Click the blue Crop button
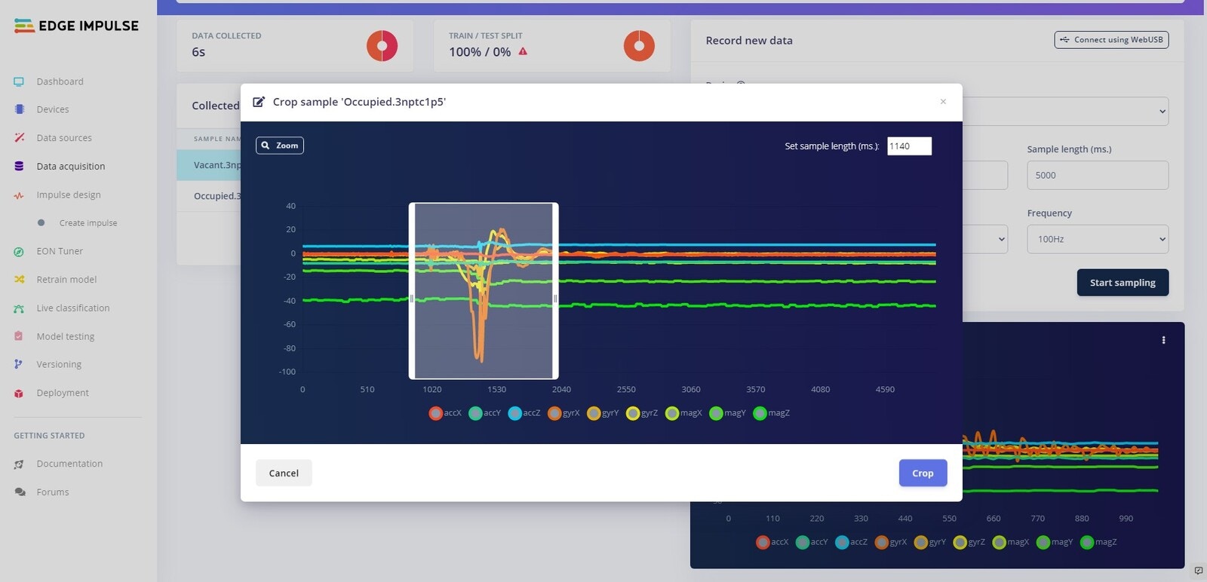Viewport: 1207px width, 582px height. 923,473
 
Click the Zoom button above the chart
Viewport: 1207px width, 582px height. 280,145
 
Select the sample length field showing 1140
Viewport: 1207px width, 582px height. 909,146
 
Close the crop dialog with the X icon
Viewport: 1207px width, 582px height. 943,102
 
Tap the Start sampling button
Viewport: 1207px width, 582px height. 1123,283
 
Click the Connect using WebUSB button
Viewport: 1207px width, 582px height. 1111,40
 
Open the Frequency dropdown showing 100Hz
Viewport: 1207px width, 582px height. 1098,239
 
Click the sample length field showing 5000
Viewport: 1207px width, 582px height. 1098,175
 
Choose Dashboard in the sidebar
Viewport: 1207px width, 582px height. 60,81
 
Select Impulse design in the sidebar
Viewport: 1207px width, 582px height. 68,195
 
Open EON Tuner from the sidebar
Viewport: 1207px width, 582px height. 60,251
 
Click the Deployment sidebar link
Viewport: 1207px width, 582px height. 62,393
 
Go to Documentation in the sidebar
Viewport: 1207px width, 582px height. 69,464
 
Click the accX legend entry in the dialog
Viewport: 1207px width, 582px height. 445,413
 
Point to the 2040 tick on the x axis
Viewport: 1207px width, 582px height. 561,390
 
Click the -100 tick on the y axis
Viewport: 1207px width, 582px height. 287,372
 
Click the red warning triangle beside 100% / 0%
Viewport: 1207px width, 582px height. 523,52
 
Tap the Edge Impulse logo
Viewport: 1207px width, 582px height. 76,26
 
